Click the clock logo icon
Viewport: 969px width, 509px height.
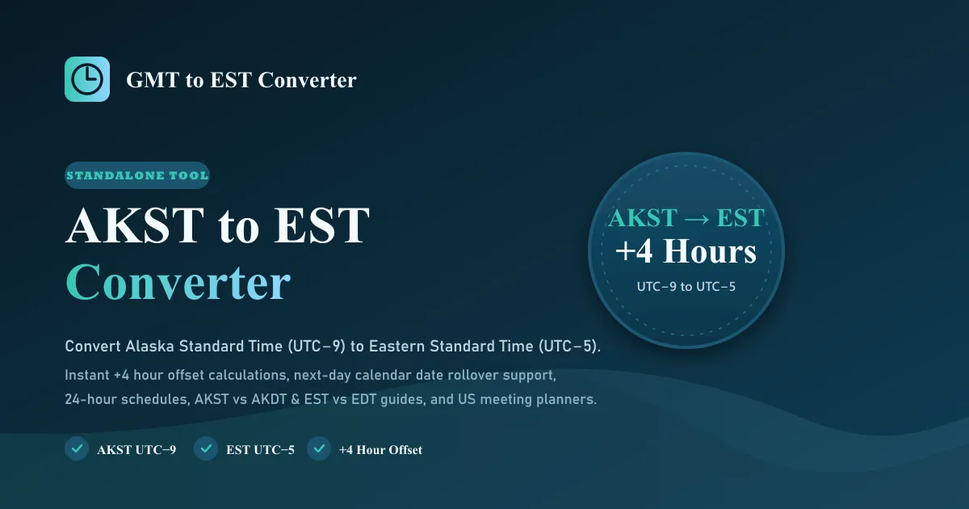pos(87,79)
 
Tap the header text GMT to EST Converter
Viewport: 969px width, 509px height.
pos(241,80)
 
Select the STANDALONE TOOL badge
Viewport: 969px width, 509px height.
pos(137,175)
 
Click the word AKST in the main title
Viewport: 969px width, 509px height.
pos(135,225)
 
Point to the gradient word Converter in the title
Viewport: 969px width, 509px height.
pos(178,282)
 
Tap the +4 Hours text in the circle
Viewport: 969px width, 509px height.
pos(686,251)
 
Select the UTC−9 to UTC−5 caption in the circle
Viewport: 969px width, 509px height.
pos(686,287)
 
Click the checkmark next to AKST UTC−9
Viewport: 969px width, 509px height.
pos(77,448)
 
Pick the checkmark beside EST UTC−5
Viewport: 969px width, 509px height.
pos(206,448)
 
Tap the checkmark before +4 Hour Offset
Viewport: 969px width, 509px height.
pos(319,448)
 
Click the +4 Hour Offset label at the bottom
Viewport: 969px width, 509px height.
pos(380,450)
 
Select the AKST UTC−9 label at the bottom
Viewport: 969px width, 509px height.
pos(136,450)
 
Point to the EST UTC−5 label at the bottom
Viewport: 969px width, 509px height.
pos(260,450)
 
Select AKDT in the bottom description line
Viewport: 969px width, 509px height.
pos(269,399)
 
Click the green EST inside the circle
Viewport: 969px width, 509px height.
pos(740,217)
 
